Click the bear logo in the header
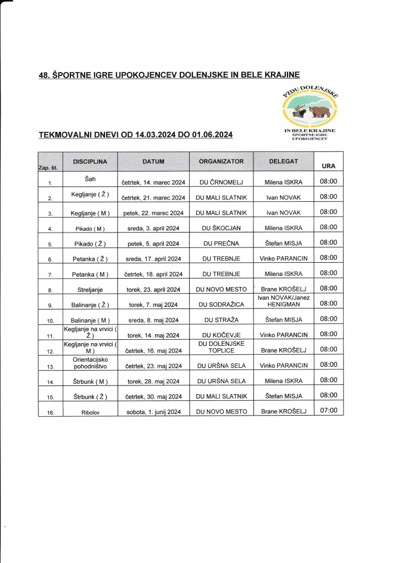coord(311,111)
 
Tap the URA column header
coord(328,165)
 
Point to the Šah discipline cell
coord(90,179)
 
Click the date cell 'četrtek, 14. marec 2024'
coord(153,183)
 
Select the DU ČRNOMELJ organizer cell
coord(222,183)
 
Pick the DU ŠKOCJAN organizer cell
coord(222,228)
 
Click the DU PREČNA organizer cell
coord(222,244)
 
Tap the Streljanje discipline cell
coord(90,289)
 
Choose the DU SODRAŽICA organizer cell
coord(222,304)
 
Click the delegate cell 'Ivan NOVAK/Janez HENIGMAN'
coord(284,301)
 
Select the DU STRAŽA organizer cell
coord(222,319)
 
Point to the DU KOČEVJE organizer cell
coord(222,335)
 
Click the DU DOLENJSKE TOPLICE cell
coord(222,347)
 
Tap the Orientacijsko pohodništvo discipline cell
coord(90,362)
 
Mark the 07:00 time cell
coord(328,410)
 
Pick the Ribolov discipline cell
coord(90,412)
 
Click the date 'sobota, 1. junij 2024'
coord(153,412)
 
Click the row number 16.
coord(50,413)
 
